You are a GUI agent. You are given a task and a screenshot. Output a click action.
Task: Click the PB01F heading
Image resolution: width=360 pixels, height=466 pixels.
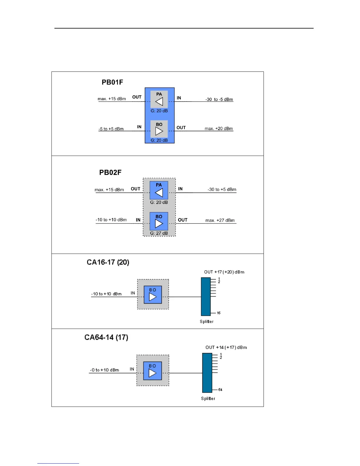pyautogui.click(x=112, y=82)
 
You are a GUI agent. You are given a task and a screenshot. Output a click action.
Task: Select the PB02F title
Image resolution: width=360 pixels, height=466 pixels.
pyautogui.click(x=110, y=172)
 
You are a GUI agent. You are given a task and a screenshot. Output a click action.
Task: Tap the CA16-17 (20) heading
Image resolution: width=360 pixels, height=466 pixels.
pyautogui.click(x=108, y=262)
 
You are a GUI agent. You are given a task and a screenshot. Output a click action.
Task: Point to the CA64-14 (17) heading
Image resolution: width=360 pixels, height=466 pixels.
pyautogui.click(x=106, y=337)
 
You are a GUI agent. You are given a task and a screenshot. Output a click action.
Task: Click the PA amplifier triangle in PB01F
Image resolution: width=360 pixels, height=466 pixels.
pyautogui.click(x=159, y=102)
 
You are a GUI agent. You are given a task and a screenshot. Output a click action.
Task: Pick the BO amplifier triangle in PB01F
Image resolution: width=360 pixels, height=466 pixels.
pyautogui.click(x=159, y=131)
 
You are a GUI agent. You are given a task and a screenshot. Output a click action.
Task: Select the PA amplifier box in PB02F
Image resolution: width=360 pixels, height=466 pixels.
pyautogui.click(x=159, y=190)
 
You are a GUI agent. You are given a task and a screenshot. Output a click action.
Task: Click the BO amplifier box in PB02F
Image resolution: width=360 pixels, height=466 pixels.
pyautogui.click(x=159, y=221)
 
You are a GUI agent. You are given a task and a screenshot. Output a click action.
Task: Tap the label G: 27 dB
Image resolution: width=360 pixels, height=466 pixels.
pyautogui.click(x=159, y=233)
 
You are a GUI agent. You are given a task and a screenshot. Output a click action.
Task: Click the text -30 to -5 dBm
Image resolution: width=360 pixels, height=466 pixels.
pyautogui.click(x=219, y=99)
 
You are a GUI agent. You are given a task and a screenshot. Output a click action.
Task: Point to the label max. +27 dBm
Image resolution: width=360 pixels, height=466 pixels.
pyautogui.click(x=220, y=220)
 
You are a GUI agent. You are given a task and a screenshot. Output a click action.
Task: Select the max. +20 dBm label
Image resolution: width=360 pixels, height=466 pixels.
pyautogui.click(x=219, y=129)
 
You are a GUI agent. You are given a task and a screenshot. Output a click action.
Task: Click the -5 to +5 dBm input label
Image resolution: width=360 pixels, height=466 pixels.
pyautogui.click(x=111, y=129)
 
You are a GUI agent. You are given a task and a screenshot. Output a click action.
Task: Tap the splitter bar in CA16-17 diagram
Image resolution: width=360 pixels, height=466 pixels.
pyautogui.click(x=206, y=297)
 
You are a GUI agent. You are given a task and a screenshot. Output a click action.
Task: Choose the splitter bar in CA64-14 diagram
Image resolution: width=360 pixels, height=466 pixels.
pyautogui.click(x=207, y=373)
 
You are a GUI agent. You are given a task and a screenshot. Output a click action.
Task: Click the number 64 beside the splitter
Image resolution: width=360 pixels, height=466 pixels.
pyautogui.click(x=220, y=390)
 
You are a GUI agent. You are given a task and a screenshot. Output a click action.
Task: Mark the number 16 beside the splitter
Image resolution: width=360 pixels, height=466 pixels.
pyautogui.click(x=219, y=313)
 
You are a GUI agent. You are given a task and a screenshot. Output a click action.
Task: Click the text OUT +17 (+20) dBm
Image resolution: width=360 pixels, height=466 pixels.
pyautogui.click(x=224, y=272)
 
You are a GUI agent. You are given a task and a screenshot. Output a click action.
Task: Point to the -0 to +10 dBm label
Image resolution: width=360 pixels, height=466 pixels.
pyautogui.click(x=104, y=370)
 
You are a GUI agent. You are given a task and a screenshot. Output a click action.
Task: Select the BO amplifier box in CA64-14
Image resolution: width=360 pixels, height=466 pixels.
pyautogui.click(x=152, y=371)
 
